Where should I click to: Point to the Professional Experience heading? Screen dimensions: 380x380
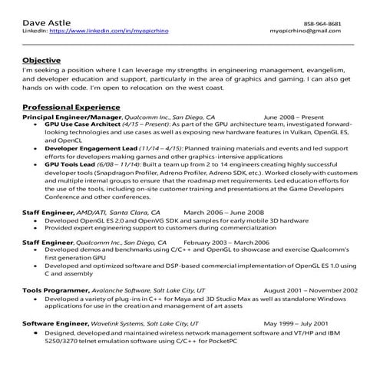pos(71,107)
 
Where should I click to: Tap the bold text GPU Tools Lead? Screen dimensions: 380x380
pos(67,165)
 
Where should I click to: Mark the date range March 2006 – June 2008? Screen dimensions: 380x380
pos(224,211)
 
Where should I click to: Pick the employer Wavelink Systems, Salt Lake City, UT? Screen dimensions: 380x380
pos(146,323)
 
